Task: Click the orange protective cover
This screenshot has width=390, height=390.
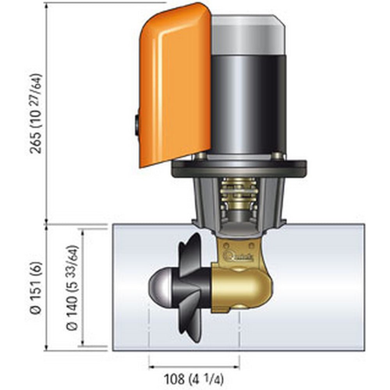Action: click(175, 86)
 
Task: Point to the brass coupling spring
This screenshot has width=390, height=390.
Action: click(238, 195)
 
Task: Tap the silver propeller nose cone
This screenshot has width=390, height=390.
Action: click(160, 283)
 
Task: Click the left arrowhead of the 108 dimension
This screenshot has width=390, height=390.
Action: click(152, 367)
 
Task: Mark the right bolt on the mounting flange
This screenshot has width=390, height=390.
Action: click(277, 156)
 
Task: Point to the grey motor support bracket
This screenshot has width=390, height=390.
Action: click(203, 203)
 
